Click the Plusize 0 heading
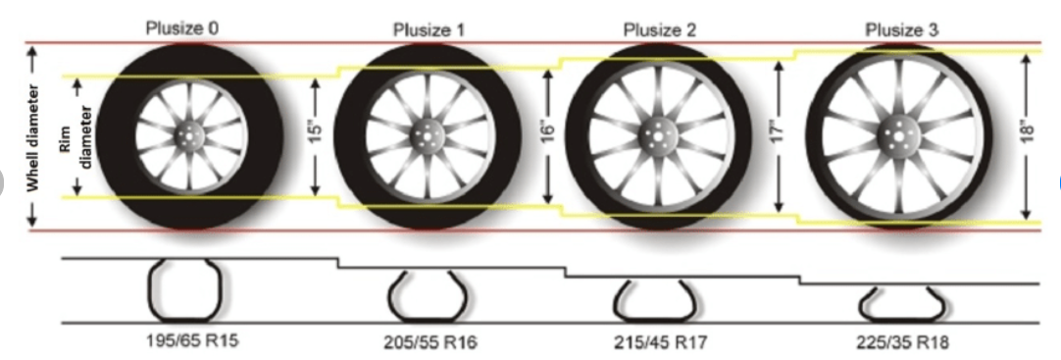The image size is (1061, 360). [182, 28]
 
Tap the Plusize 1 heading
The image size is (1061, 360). [429, 30]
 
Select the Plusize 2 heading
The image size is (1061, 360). [660, 30]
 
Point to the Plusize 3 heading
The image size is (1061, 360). [902, 30]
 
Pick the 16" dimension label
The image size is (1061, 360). [548, 129]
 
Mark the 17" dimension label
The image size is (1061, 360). [779, 129]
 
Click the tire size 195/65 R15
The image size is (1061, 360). [192, 340]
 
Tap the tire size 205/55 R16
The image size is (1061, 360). [430, 342]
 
